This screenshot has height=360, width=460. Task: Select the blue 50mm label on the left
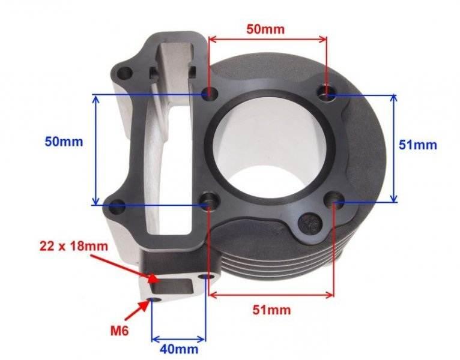coord(64,142)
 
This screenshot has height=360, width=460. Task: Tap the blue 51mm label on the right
coord(417,145)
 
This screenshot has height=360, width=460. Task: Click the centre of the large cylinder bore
coord(267,147)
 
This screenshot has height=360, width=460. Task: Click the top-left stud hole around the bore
coord(209,94)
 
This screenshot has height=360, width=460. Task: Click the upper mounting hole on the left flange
coord(124,74)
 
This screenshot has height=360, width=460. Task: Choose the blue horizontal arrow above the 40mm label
coord(178,335)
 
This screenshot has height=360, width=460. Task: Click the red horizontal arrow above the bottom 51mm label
coord(270,295)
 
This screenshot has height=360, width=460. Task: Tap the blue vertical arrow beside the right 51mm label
coord(394,148)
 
